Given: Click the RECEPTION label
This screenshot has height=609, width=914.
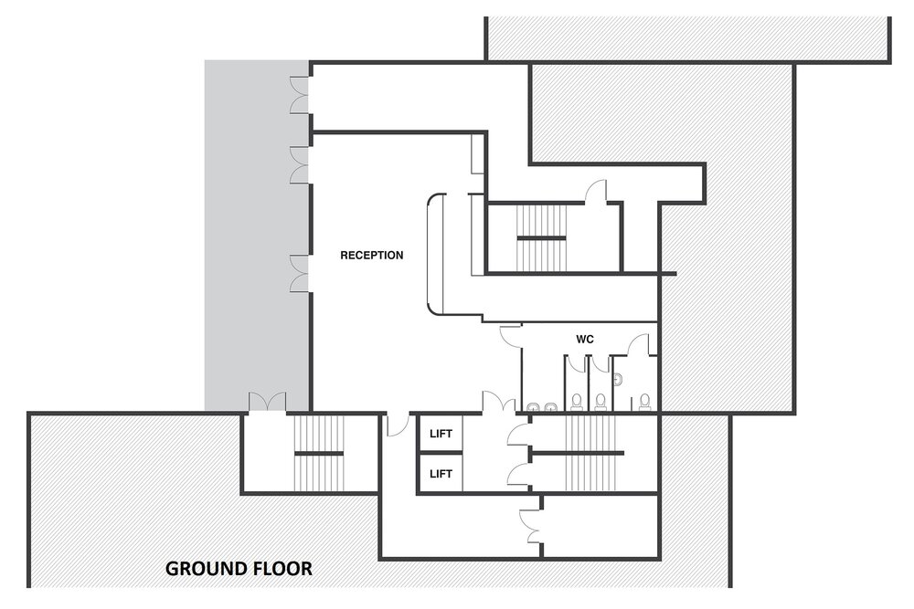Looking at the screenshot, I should coord(371,256).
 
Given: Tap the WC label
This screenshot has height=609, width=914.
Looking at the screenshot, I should coord(585,340).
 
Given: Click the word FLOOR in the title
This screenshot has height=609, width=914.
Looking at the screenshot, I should coord(283,569).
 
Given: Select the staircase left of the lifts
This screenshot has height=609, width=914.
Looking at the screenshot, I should coord(317,453).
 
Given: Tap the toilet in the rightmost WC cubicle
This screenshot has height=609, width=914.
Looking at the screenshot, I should coord(645,400).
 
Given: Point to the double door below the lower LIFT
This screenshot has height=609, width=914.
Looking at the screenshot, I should coord(527,517).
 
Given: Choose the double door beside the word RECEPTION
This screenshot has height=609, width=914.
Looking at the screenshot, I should coord(300,272).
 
